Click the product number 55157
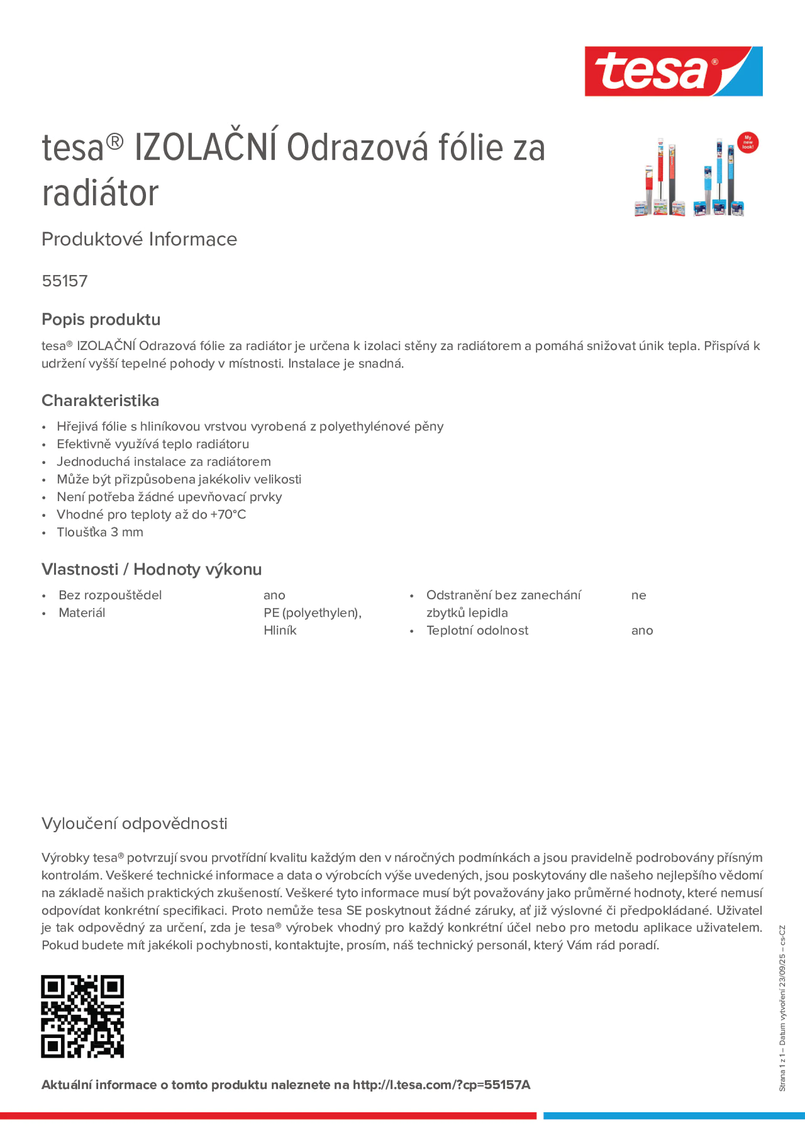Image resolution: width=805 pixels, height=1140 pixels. (64, 281)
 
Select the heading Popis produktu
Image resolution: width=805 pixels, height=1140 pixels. (101, 319)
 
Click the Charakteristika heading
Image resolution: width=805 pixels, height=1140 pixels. (100, 400)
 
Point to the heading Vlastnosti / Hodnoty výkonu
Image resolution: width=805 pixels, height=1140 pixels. (151, 569)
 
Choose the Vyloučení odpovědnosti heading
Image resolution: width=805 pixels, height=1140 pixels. (134, 823)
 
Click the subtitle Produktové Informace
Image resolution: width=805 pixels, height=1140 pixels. (139, 239)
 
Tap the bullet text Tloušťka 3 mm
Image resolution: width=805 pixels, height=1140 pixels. (100, 532)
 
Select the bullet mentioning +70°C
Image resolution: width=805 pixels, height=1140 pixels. (151, 514)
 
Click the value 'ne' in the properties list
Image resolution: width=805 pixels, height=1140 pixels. (638, 595)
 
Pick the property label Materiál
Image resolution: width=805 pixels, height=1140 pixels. (82, 613)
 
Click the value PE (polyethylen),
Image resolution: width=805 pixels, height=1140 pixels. (312, 613)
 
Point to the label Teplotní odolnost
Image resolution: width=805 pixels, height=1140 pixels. (477, 630)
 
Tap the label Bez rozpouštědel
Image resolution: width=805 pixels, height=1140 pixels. (110, 595)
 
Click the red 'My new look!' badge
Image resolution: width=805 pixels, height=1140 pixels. (747, 143)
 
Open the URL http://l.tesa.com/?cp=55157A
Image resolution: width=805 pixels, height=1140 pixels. (441, 1085)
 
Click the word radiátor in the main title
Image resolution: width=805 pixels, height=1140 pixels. (100, 193)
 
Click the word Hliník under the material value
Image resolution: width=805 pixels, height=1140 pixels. (280, 630)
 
